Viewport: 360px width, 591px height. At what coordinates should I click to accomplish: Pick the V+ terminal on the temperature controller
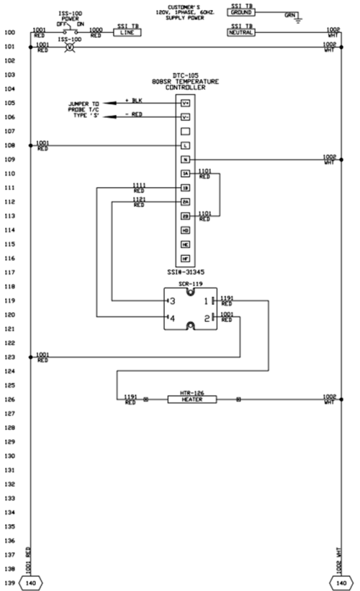coord(187,103)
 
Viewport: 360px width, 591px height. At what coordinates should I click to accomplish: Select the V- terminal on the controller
coord(187,117)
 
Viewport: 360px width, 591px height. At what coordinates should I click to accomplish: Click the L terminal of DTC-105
coord(187,146)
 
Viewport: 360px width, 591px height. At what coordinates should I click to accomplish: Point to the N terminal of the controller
coord(187,159)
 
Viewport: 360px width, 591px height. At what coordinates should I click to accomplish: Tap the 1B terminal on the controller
coord(187,187)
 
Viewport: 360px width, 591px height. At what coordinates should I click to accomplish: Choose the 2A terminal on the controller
coord(187,201)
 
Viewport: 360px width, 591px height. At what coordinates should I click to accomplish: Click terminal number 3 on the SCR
coord(171,301)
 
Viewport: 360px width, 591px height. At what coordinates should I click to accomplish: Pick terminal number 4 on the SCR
coord(171,317)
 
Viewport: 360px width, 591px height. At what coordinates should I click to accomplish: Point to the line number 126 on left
coord(10,399)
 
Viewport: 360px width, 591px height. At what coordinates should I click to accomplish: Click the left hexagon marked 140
coord(30,583)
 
